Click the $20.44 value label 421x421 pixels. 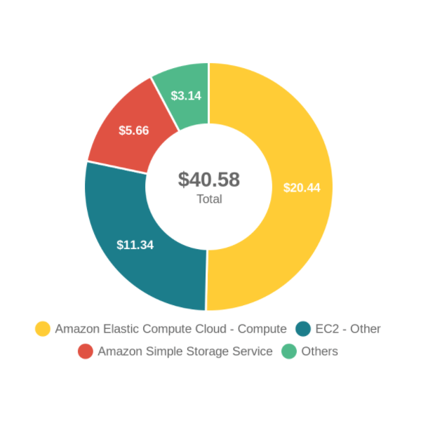pyautogui.click(x=302, y=187)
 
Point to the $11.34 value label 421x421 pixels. pyautogui.click(x=135, y=245)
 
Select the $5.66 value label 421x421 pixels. pyautogui.click(x=133, y=131)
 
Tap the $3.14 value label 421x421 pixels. pyautogui.click(x=186, y=95)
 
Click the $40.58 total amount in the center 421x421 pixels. pyautogui.click(x=209, y=180)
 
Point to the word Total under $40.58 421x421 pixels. pyautogui.click(x=209, y=199)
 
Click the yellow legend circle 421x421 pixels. pyautogui.click(x=43, y=328)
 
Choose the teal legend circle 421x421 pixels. pyautogui.click(x=303, y=328)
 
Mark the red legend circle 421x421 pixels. pyautogui.click(x=86, y=351)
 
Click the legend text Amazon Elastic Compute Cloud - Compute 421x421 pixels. pyautogui.click(x=171, y=328)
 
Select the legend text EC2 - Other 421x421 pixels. pyautogui.click(x=348, y=328)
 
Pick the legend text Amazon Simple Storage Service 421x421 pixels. pyautogui.click(x=185, y=351)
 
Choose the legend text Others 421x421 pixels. pyautogui.click(x=319, y=351)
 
